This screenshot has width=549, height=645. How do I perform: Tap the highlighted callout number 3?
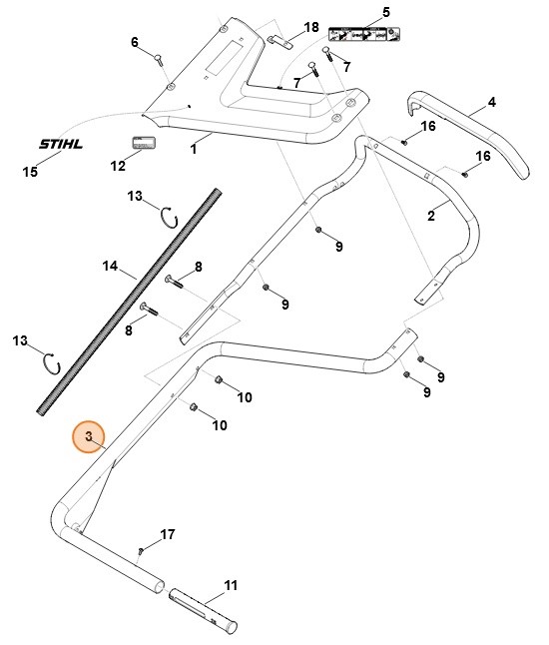point(89,436)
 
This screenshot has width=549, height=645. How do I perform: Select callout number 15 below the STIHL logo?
point(30,172)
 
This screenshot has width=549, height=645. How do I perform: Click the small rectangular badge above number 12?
point(147,144)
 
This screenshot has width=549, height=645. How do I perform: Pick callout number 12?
point(119,166)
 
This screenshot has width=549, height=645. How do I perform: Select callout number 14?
point(111,267)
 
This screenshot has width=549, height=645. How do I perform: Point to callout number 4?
point(491,103)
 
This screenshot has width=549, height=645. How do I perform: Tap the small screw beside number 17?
point(143,549)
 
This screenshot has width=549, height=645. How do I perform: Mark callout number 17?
point(167,535)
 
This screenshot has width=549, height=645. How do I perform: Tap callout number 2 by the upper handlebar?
point(431,215)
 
